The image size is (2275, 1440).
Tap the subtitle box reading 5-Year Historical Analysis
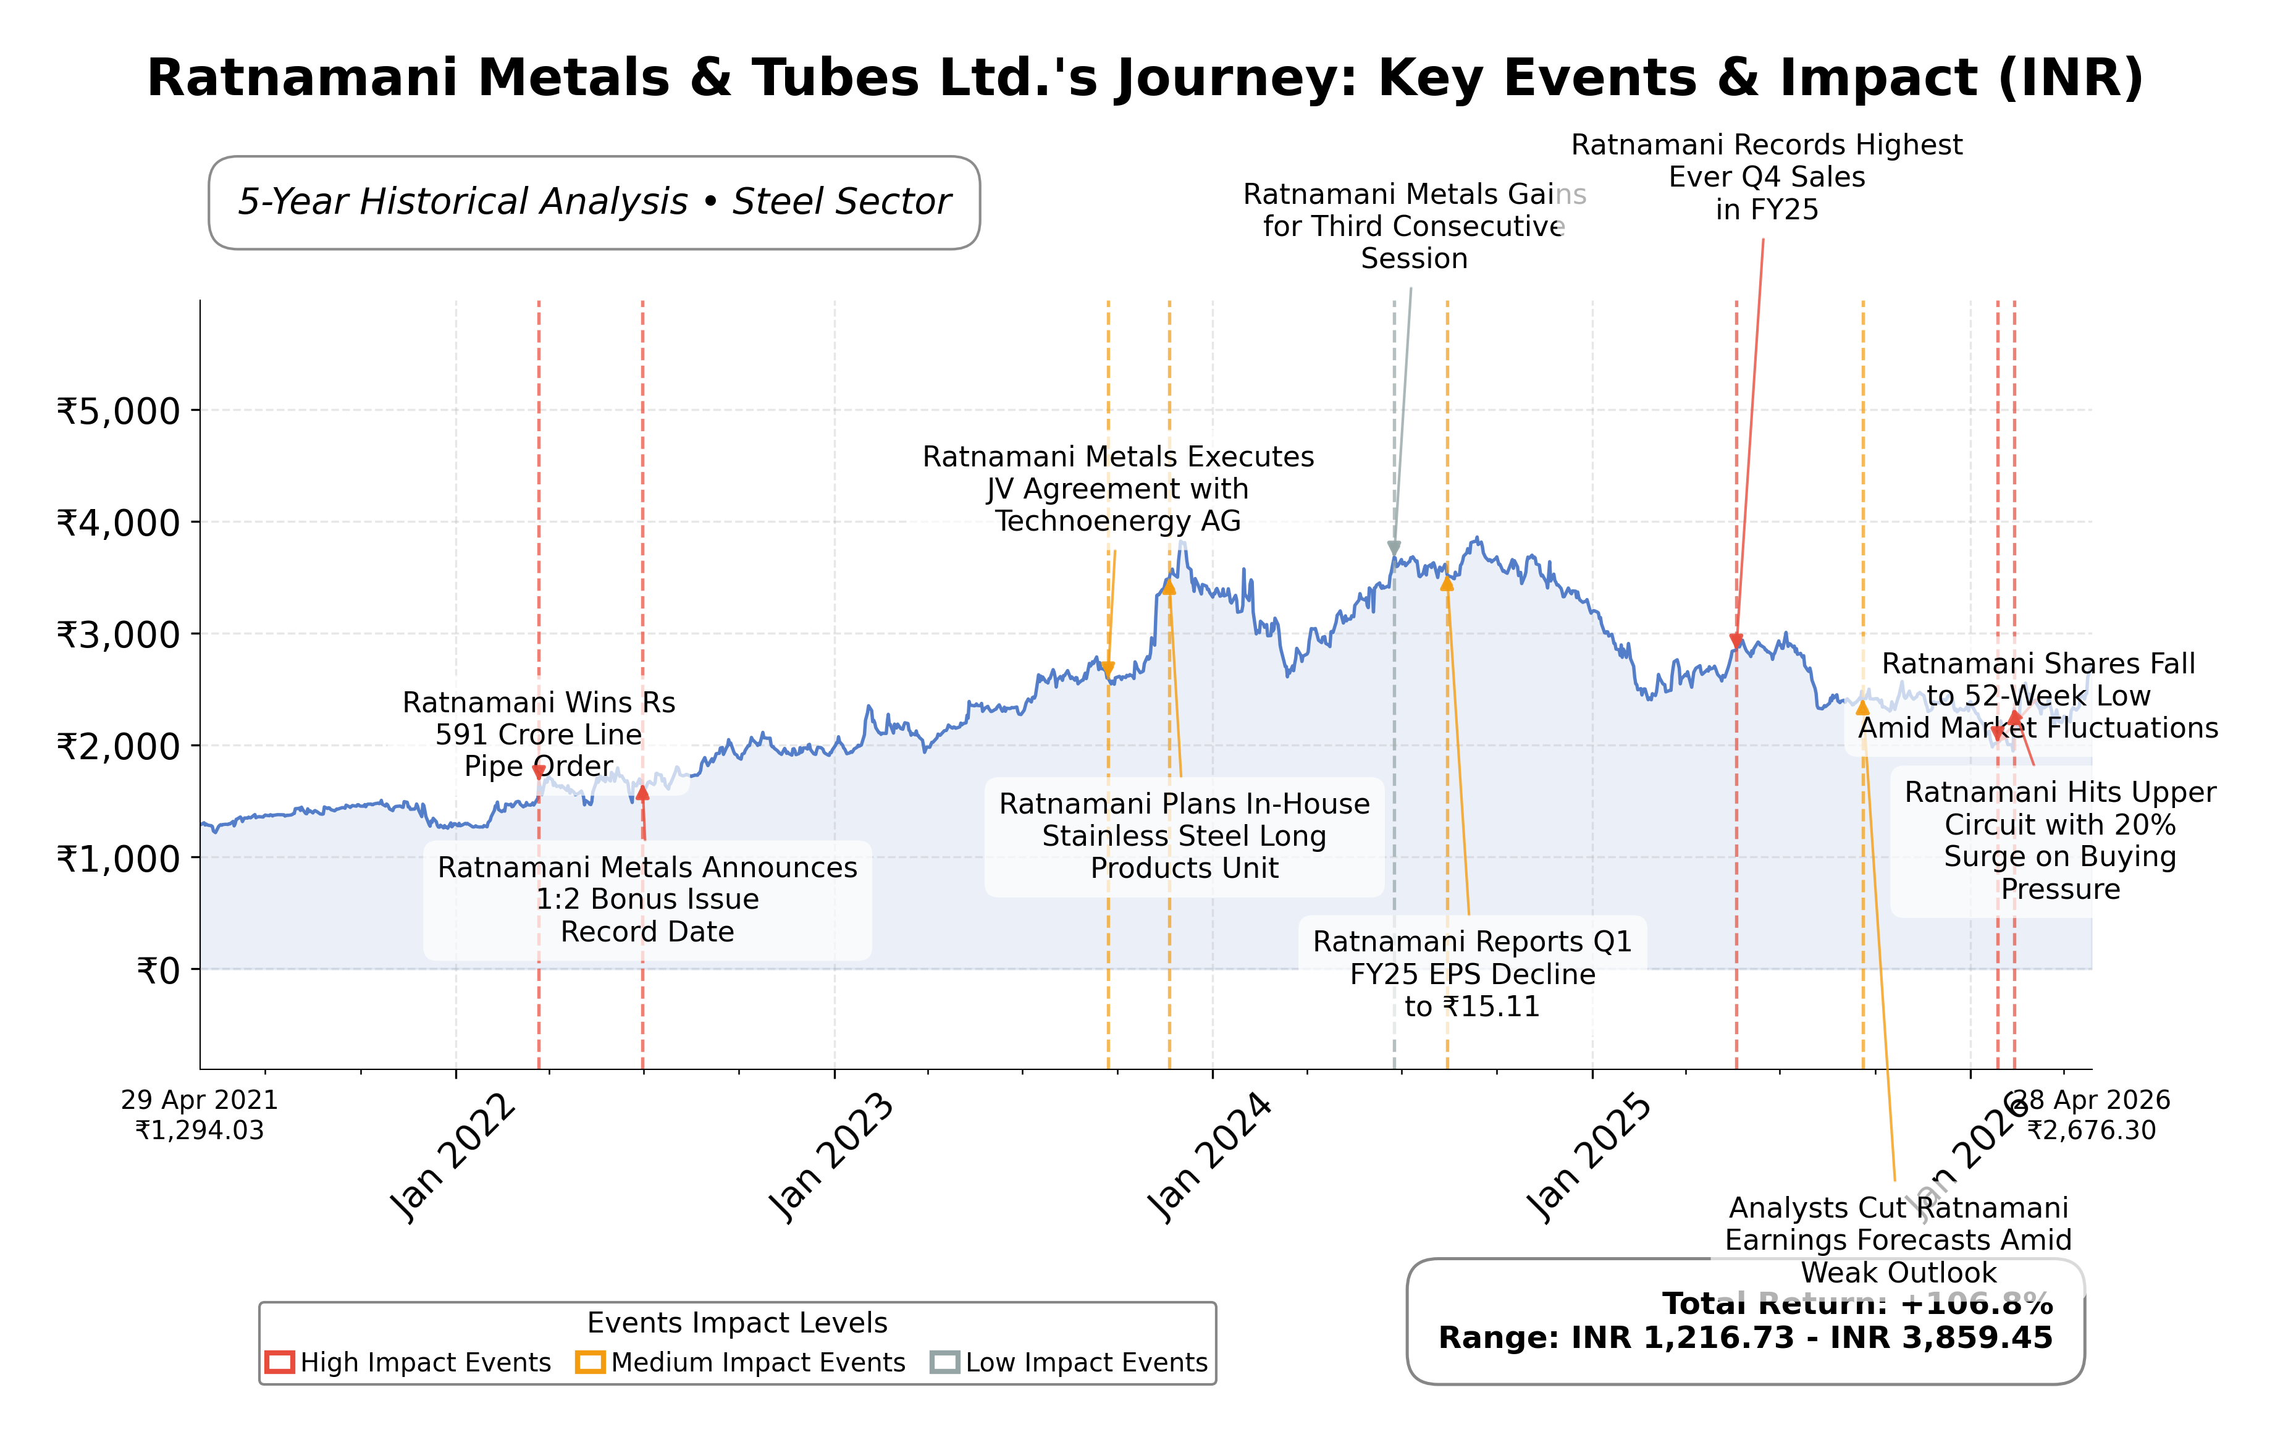(x=594, y=202)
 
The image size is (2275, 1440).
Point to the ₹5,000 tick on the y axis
(x=119, y=411)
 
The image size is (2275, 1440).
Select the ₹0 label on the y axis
(x=159, y=971)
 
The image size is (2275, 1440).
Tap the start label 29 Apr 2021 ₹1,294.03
(x=200, y=1115)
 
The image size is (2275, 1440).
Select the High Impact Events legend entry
(x=408, y=1363)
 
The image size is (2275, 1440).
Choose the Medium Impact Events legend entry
(x=742, y=1363)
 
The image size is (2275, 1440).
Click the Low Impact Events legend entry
(x=1070, y=1363)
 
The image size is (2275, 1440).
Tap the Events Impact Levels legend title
(x=737, y=1323)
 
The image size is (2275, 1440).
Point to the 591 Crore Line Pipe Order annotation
(x=539, y=734)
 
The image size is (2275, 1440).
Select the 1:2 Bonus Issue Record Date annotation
(x=647, y=899)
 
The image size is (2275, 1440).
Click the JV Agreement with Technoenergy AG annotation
(x=1117, y=489)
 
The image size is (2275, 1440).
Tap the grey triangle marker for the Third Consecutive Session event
(x=1394, y=548)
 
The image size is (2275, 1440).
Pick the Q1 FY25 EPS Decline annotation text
(x=1472, y=974)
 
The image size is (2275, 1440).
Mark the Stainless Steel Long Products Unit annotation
(x=1184, y=836)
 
